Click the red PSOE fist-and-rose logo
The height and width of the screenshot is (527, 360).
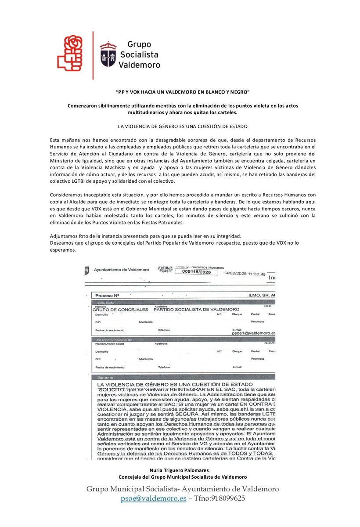70,54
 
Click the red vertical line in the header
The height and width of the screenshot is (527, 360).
93,55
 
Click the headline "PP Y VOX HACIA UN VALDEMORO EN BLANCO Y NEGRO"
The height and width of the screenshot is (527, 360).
183,92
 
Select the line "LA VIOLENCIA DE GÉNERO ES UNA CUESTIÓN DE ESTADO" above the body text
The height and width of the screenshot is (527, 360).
183,126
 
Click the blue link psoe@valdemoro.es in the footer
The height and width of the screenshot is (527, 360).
154,498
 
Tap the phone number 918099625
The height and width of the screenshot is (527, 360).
227,498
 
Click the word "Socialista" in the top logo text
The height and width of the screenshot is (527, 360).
140,54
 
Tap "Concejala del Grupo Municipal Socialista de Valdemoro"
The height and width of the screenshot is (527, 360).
183,477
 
